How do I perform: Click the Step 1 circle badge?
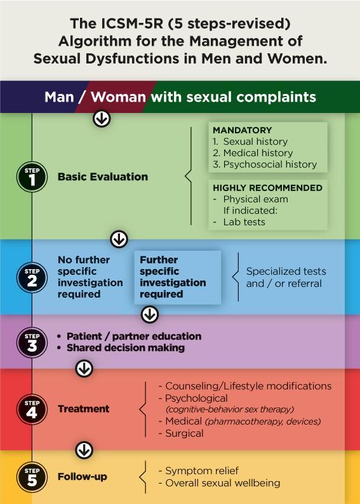32,177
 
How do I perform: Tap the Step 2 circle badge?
32,277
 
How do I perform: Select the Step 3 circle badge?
32,342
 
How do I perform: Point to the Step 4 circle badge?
32,409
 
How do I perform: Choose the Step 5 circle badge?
32,477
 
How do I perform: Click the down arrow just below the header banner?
102,119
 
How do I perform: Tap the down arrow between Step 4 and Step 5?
84,450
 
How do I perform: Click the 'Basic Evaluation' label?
103,177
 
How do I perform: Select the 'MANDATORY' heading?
243,130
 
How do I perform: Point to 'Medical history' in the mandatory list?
258,153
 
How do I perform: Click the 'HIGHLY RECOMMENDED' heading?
268,188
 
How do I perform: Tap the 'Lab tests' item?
244,222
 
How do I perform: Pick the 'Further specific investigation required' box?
178,277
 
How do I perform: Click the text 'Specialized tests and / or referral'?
286,277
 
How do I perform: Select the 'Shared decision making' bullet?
126,348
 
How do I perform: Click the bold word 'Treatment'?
84,409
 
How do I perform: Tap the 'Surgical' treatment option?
184,434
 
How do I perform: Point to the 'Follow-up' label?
83,477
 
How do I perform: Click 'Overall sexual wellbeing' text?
223,483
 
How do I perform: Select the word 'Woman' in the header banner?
118,97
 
